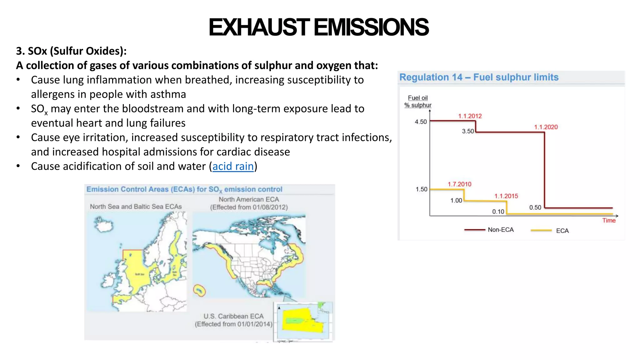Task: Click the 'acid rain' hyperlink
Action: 233,166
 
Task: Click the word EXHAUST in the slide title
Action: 259,27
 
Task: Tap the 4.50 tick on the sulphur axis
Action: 421,122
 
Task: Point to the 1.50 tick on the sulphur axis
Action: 421,189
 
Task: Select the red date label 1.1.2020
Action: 546,127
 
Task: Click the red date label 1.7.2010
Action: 459,184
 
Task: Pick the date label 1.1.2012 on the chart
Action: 470,116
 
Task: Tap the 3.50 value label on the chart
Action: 468,131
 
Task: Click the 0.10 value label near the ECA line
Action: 498,212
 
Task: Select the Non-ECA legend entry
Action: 500,230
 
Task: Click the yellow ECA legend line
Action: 541,231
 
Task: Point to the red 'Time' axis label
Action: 609,221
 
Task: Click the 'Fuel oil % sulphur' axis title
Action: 418,102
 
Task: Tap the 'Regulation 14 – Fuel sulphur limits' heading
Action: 479,77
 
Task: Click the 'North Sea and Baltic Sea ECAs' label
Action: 136,207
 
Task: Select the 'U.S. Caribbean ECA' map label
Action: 233,316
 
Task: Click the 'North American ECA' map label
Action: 249,199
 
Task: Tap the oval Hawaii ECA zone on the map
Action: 199,290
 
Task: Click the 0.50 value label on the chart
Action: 535,207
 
